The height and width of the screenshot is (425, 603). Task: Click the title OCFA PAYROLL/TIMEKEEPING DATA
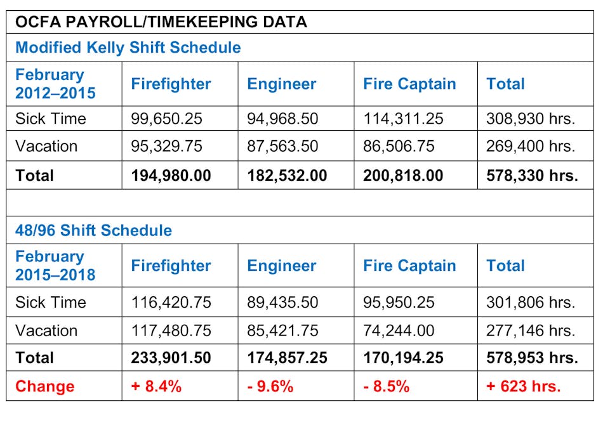(161, 22)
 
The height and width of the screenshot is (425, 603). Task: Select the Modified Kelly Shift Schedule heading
(128, 48)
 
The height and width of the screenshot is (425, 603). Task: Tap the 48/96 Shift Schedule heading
(93, 230)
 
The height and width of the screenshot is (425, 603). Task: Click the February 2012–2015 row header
(55, 84)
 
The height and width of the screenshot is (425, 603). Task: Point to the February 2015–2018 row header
(55, 266)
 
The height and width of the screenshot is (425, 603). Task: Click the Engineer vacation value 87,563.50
(282, 147)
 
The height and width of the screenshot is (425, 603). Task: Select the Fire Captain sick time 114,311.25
(403, 119)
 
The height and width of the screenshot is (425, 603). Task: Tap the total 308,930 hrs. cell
(531, 119)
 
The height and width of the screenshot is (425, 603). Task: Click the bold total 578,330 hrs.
(532, 175)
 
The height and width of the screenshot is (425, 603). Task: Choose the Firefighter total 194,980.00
(171, 175)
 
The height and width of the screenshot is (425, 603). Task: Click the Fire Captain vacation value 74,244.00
(399, 330)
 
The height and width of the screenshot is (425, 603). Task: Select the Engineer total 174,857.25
(287, 358)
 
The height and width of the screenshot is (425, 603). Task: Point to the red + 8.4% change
(156, 386)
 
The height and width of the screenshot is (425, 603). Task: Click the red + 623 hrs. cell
(523, 386)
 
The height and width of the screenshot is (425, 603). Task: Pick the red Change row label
(44, 386)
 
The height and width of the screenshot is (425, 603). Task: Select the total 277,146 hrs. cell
(531, 330)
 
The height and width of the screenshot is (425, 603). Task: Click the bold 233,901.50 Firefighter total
(171, 358)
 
